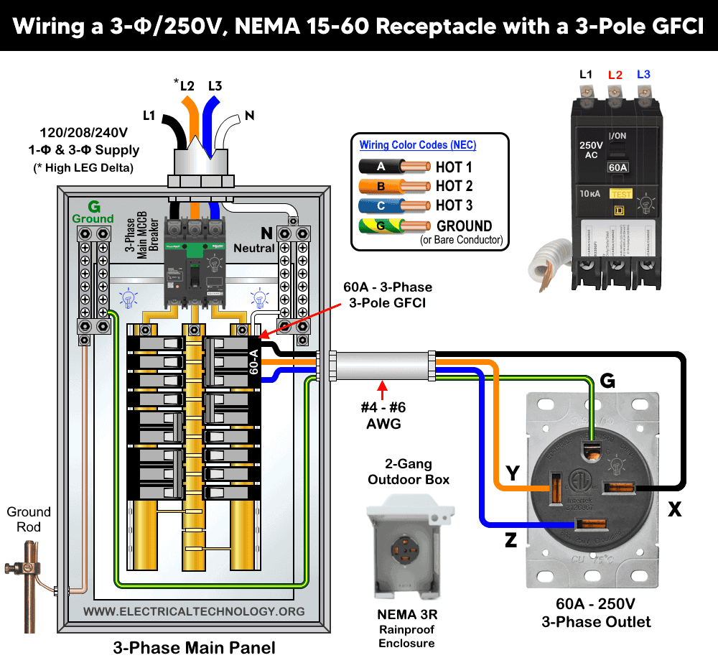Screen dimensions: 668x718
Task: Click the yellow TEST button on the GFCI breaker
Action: tap(620, 193)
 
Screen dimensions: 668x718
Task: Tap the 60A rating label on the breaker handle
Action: tap(617, 167)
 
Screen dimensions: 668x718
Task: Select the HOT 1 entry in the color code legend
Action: tap(454, 167)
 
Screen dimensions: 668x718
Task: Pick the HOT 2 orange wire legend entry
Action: tap(454, 186)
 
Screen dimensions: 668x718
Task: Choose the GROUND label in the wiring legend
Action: tap(464, 226)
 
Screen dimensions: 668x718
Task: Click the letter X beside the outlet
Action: tap(674, 509)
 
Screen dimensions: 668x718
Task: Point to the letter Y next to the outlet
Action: tap(513, 473)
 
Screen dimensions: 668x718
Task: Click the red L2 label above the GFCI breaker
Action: tap(615, 75)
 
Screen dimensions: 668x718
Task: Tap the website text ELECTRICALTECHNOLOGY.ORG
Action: tap(194, 611)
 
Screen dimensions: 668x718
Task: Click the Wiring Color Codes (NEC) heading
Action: tap(417, 144)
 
